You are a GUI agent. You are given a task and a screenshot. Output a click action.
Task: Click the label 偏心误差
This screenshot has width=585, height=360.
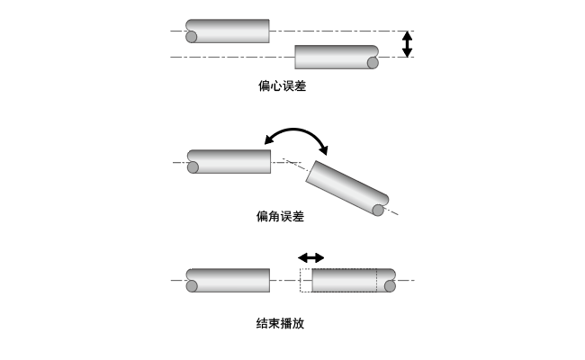pos(281,87)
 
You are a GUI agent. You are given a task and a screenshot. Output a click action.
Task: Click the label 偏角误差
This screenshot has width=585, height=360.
pos(281,216)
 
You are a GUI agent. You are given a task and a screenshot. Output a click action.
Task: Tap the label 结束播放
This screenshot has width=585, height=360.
pos(281,323)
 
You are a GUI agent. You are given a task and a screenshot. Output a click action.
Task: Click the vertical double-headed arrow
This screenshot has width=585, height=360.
pos(407,44)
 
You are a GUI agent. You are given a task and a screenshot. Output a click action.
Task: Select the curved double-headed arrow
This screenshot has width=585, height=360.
pos(296,137)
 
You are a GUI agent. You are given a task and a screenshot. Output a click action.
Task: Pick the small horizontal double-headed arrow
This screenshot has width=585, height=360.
pos(311,257)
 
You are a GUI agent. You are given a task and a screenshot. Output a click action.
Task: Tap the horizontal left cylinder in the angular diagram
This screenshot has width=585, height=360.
pos(229,161)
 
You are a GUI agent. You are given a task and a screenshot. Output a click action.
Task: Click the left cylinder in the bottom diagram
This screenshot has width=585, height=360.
pos(229,280)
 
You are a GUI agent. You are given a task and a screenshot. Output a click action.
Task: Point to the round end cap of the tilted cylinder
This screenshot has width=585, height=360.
pos(379,210)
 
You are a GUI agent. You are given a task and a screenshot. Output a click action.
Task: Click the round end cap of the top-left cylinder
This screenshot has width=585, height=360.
pos(192,37)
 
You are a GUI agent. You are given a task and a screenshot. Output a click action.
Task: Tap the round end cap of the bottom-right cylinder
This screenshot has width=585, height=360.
pos(390,286)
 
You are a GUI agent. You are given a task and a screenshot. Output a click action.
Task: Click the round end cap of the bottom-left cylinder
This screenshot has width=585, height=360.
pos(192,286)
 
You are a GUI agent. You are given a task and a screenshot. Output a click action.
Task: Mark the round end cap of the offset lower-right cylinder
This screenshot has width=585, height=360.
pos(373,63)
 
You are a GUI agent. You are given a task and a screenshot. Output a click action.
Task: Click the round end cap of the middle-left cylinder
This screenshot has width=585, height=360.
pos(193,167)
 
